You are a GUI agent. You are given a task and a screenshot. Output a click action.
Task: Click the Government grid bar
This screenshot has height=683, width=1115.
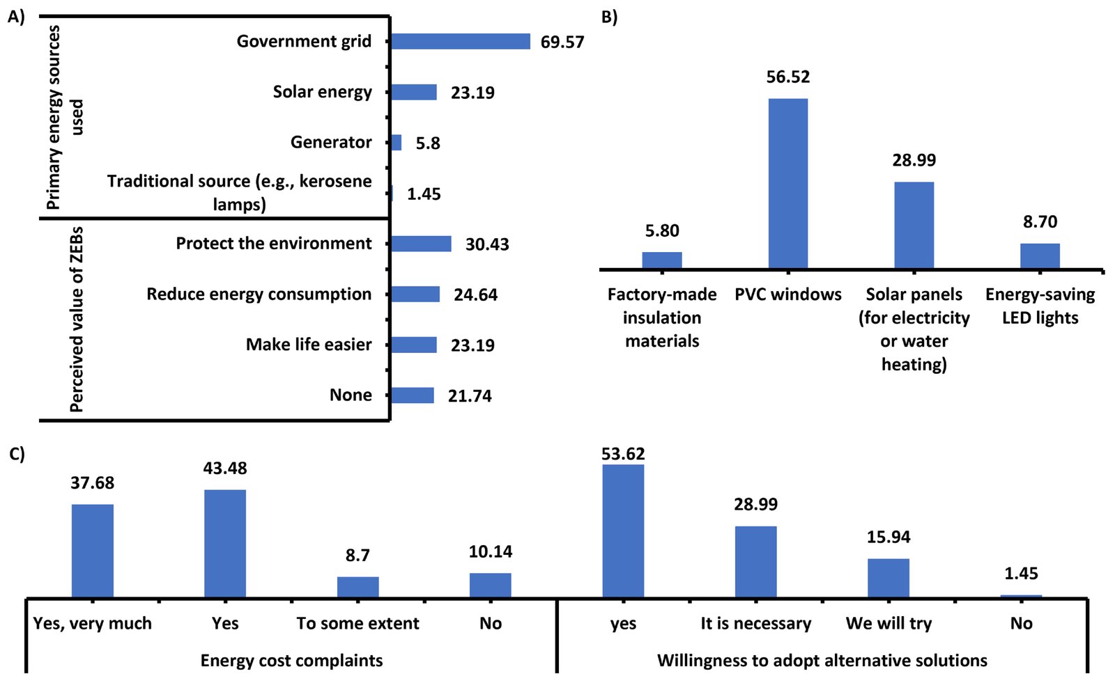point(460,42)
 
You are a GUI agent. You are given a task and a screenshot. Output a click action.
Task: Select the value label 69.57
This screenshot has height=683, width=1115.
point(562,42)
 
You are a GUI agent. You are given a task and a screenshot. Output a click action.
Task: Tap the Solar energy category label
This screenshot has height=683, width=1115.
point(322,92)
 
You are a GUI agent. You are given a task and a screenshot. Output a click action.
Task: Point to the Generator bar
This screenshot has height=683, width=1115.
point(396,143)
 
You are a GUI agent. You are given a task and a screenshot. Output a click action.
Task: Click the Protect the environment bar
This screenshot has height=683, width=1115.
point(421,244)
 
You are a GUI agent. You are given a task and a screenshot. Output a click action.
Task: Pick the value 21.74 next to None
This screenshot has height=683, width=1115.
point(469,396)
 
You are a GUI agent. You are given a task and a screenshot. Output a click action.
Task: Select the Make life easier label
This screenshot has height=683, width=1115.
point(309,345)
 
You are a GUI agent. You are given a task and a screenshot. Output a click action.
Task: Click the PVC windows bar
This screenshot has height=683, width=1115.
point(787,183)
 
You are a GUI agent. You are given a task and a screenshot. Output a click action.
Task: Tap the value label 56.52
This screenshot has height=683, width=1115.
point(787,77)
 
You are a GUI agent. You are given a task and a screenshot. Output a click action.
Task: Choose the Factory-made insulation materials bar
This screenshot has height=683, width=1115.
point(661,260)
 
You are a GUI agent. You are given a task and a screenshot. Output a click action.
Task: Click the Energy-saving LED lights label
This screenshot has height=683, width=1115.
point(1040,306)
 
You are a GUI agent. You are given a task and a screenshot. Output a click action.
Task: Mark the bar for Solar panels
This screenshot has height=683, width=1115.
point(914,225)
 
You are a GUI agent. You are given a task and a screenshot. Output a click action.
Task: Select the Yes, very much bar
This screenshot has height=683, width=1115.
point(92,551)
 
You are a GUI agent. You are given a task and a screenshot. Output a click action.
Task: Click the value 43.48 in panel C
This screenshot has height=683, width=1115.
point(224,469)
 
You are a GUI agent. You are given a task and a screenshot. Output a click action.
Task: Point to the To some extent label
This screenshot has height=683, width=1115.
point(357,623)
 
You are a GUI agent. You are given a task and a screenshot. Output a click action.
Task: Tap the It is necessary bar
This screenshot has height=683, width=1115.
point(755,562)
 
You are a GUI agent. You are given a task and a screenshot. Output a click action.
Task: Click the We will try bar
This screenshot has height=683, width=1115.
point(888,578)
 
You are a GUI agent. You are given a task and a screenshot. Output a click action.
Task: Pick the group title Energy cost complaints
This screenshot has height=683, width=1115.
point(291,660)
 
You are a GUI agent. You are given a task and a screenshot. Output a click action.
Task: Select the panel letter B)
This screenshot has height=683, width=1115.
point(609,17)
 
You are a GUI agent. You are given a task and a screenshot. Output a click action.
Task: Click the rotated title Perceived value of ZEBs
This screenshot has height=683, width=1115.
point(76,319)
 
